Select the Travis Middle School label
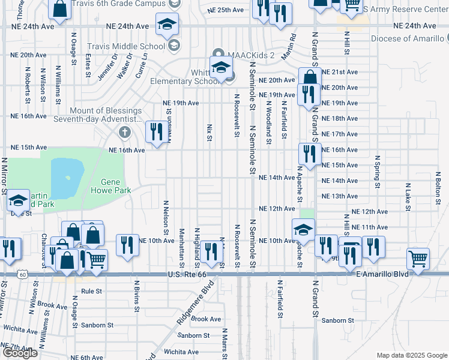[126, 46]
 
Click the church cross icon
[124, 132]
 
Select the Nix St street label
[209, 133]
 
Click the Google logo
[20, 352]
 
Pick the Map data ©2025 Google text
[411, 355]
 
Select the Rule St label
[92, 292]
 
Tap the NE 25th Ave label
[226, 11]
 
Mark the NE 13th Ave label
[340, 196]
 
